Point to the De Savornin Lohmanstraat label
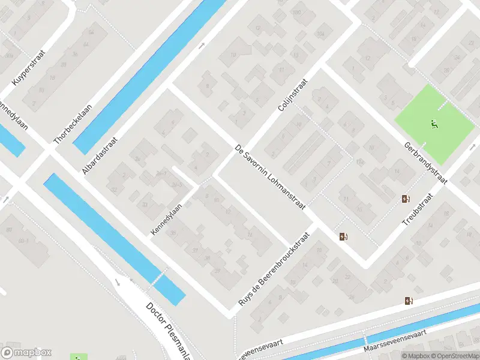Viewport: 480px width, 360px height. (x=270, y=176)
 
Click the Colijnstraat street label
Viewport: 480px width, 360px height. (x=293, y=95)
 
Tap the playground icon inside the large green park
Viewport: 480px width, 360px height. (x=434, y=125)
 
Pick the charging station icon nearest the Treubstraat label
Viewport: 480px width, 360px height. (x=406, y=199)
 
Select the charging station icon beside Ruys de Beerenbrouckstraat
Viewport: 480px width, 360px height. (x=344, y=236)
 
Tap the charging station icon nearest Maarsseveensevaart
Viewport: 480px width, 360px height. (x=409, y=301)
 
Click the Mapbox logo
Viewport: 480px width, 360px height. (x=26, y=352)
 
